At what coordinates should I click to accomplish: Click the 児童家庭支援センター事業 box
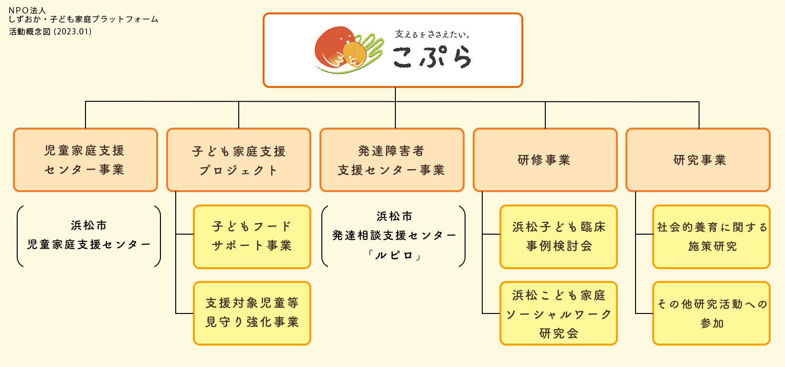click(85, 160)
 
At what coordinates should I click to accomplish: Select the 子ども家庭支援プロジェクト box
click(239, 160)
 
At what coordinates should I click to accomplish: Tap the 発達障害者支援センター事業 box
click(392, 160)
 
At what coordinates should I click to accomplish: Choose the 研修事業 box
click(545, 160)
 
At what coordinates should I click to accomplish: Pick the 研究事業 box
click(698, 160)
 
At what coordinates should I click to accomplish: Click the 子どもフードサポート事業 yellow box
click(252, 237)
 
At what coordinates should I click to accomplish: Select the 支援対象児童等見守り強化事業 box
click(252, 313)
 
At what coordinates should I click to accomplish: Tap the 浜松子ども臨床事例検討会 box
click(559, 237)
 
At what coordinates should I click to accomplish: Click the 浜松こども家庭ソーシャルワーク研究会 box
click(559, 313)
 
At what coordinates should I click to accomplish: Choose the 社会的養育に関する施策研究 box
click(711, 237)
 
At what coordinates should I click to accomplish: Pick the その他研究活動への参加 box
click(711, 313)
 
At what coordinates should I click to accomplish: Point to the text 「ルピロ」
click(394, 256)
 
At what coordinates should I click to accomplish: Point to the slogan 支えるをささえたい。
click(432, 34)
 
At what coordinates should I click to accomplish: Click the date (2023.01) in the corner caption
click(73, 32)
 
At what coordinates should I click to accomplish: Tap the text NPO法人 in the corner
click(27, 10)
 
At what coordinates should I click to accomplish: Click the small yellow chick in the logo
click(354, 54)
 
